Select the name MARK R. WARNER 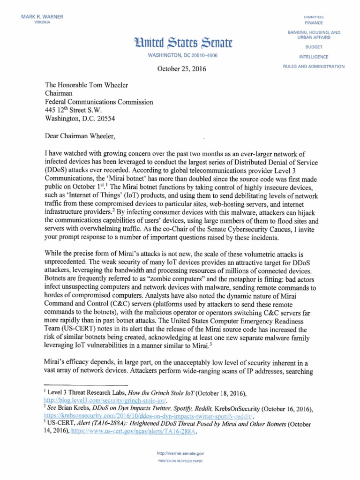click(42, 17)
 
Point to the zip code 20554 click(103, 119)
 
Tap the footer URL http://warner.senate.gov click(180, 454)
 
